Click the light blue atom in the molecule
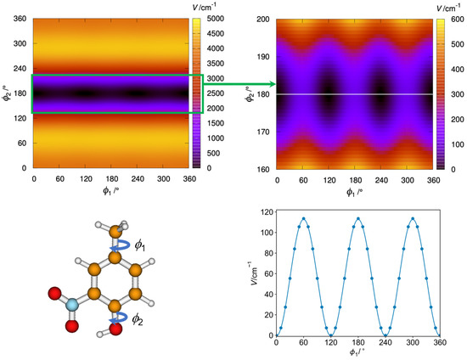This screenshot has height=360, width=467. [x=72, y=304]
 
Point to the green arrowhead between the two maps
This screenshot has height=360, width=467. [x=273, y=84]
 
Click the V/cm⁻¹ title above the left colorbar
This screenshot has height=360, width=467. [x=219, y=7]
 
